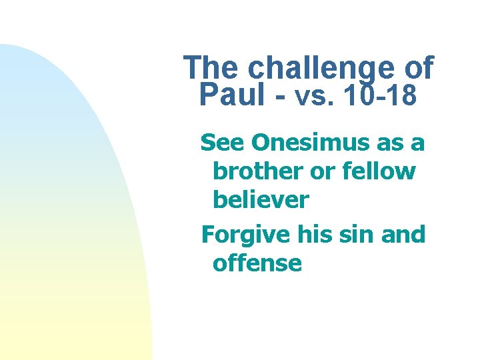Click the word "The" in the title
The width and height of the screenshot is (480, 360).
(x=211, y=68)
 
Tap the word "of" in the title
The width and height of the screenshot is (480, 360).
(x=415, y=68)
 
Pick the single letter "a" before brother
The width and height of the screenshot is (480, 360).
(x=420, y=144)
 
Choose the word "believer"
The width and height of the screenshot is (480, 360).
(x=261, y=199)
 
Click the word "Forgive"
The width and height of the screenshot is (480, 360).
(x=245, y=235)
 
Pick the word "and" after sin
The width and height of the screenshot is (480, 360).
(x=403, y=235)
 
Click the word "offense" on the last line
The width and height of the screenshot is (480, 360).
(x=257, y=263)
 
